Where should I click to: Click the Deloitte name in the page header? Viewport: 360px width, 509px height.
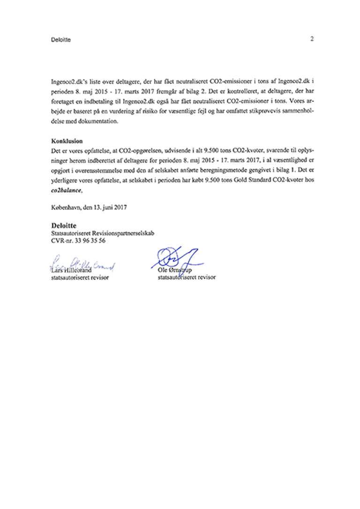click(60, 40)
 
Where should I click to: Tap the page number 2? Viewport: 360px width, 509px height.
click(312, 39)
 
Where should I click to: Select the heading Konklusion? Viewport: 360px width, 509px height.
click(67, 141)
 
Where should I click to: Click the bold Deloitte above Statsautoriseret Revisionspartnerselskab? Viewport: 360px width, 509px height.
click(64, 225)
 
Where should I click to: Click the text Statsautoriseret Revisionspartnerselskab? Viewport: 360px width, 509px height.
click(103, 233)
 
